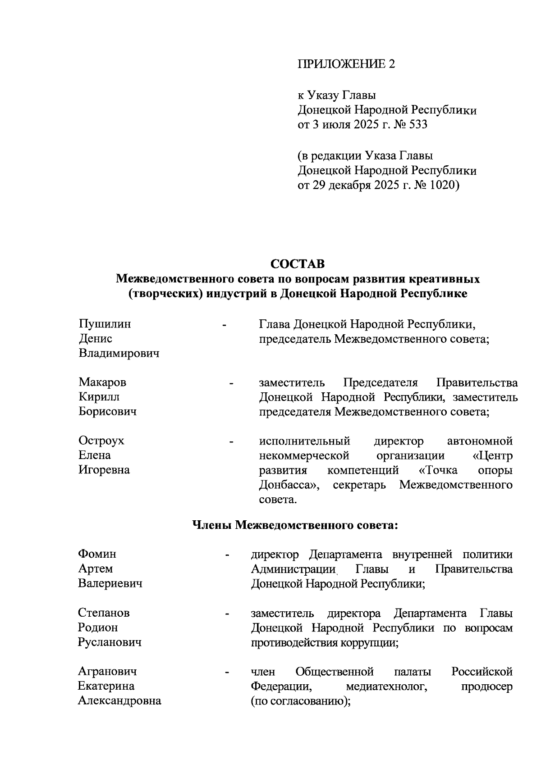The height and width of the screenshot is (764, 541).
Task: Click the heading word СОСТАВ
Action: pyautogui.click(x=298, y=264)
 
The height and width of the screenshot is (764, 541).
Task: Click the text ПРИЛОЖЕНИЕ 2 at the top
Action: pyautogui.click(x=346, y=64)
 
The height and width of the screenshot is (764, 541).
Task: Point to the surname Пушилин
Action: pyautogui.click(x=105, y=324)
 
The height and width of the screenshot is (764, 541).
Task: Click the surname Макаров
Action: pyautogui.click(x=102, y=382)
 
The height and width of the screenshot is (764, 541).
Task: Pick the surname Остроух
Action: pyautogui.click(x=101, y=441)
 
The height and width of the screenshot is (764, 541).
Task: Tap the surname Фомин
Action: pyautogui.click(x=97, y=554)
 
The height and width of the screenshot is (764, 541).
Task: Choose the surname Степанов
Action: pyautogui.click(x=104, y=613)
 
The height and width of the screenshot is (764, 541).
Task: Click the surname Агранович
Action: pyautogui.click(x=107, y=672)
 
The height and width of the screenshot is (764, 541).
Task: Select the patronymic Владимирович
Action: pyautogui.click(x=119, y=354)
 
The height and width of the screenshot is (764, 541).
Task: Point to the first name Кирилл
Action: pyautogui.click(x=99, y=397)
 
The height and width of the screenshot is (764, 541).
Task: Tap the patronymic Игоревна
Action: pyautogui.click(x=104, y=470)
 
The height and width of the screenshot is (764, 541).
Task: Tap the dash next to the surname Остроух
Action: pyautogui.click(x=232, y=442)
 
